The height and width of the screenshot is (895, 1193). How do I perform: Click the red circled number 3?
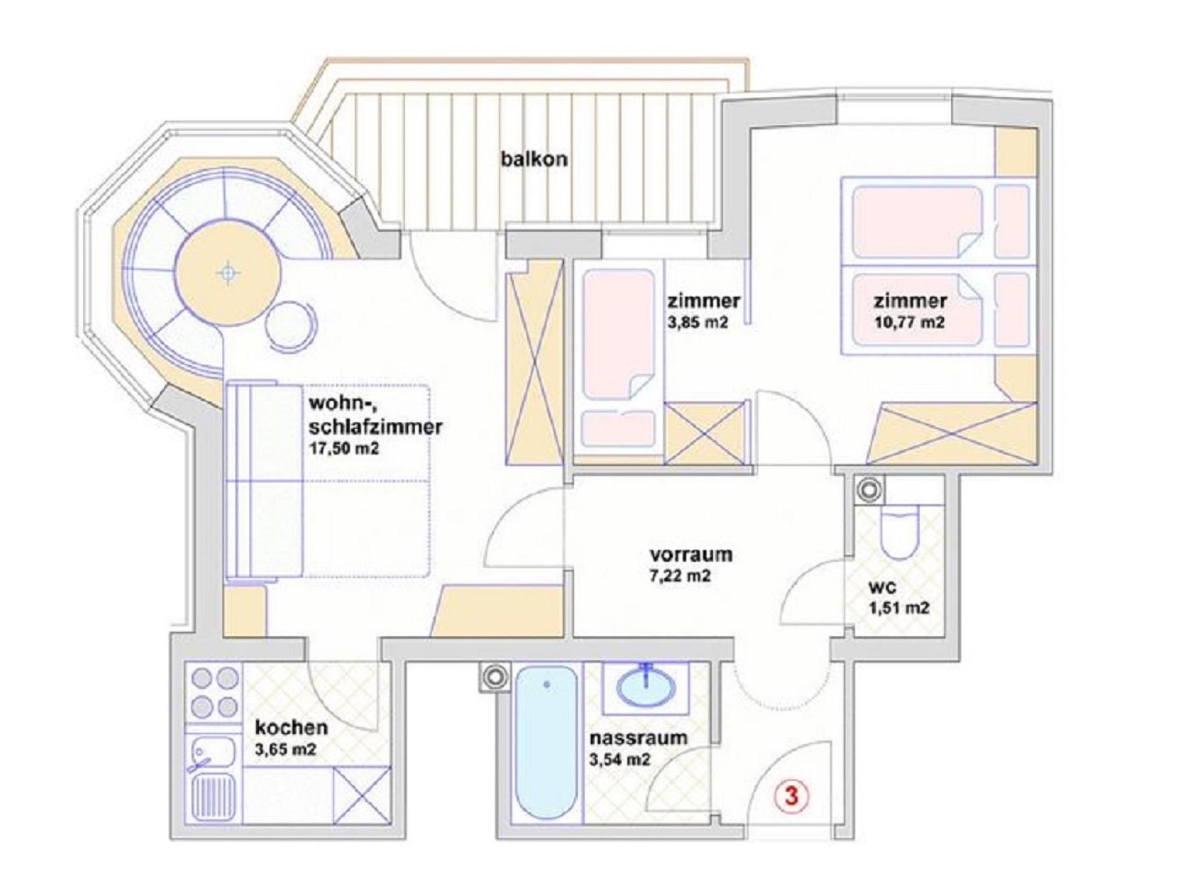pos(791,796)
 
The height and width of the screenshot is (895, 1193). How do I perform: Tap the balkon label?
pos(534,159)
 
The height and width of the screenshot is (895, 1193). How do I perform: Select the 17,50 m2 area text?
pos(344,449)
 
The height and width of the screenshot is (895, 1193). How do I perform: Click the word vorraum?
pos(691,554)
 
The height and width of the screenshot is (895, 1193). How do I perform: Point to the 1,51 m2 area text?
pos(899,608)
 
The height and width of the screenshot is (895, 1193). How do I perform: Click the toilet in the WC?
pos(900,531)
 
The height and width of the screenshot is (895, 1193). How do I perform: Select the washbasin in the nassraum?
pos(645,689)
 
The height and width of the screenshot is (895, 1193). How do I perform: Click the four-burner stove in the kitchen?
pos(215,693)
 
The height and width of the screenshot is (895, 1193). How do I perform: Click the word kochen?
pos(291,728)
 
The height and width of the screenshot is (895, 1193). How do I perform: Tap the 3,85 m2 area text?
pos(698,322)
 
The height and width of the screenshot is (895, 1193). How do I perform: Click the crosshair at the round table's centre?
pos(228,272)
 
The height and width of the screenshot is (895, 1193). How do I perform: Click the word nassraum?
pos(638,738)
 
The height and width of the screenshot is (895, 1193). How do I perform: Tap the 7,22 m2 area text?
pos(680,576)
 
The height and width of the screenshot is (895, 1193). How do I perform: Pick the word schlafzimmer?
pos(376,428)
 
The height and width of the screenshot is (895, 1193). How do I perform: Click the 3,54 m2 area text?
pos(620,759)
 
